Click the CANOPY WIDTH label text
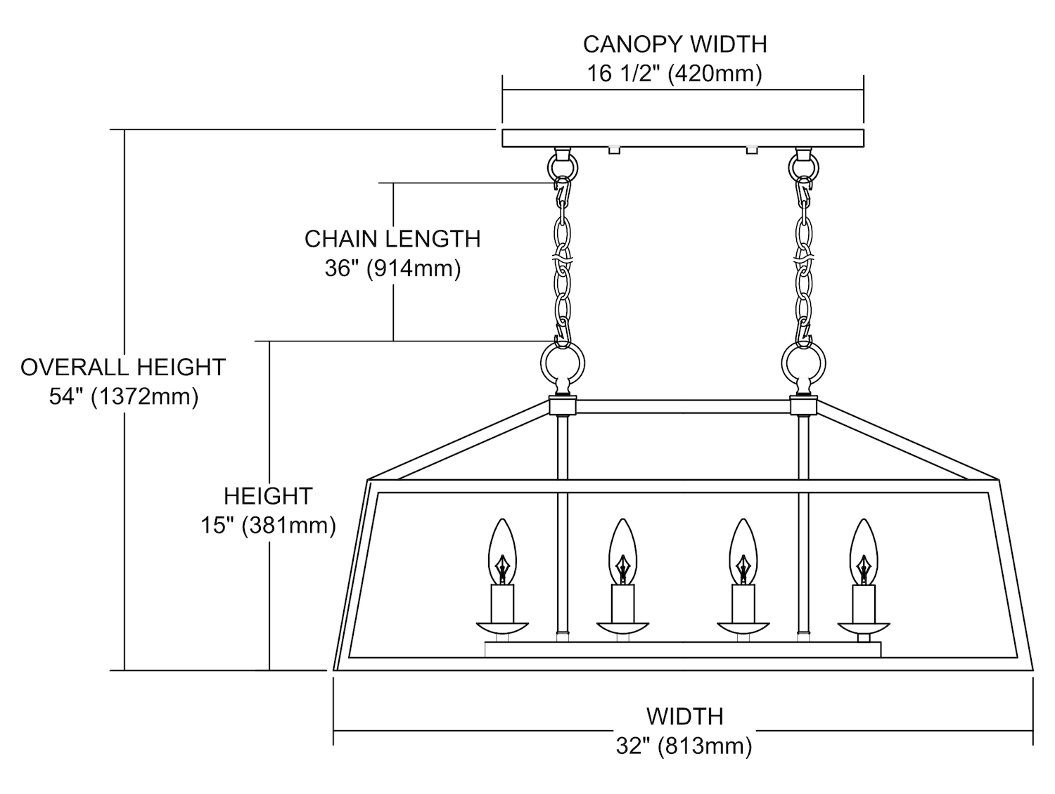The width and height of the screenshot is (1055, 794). (674, 44)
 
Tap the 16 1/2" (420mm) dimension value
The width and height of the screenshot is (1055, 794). (674, 74)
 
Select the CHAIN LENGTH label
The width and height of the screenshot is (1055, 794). (392, 239)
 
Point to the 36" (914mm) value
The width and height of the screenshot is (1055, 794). (392, 268)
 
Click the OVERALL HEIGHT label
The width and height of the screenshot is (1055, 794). (123, 367)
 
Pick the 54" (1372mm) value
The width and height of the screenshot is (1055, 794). (123, 397)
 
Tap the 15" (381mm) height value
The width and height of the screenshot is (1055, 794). (268, 526)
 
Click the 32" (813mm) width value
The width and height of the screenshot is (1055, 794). (684, 746)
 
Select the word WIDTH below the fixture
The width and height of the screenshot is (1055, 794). (684, 717)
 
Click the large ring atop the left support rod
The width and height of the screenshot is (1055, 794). (561, 364)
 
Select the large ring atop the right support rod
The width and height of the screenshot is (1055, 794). (803, 364)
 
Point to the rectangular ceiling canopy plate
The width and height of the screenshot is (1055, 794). (682, 138)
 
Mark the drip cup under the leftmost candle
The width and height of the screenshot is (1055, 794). (502, 627)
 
